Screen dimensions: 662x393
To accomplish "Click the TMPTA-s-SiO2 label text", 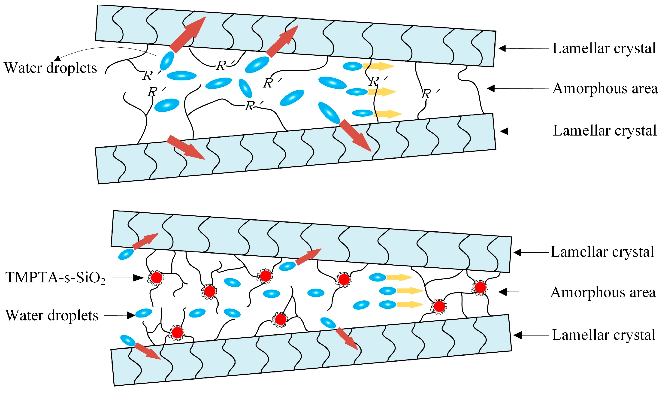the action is click(x=55, y=278).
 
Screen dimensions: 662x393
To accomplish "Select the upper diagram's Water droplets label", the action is click(x=50, y=68).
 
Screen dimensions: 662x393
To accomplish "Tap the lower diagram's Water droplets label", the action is click(x=52, y=315).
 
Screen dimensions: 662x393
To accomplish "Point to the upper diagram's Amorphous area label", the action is click(x=605, y=88).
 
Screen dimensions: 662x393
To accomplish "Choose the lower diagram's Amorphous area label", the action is click(x=603, y=293).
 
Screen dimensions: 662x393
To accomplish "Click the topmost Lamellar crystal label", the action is click(x=604, y=48).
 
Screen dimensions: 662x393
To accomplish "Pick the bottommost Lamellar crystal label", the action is click(x=604, y=335).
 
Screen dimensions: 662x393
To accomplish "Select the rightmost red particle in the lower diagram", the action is click(x=480, y=287).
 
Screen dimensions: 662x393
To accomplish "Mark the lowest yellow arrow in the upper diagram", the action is click(x=387, y=114).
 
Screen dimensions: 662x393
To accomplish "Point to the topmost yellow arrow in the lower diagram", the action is click(x=399, y=278).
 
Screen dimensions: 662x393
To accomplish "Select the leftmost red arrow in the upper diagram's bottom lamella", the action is click(x=186, y=147).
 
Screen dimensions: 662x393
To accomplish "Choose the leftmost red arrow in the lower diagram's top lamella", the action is click(x=145, y=241).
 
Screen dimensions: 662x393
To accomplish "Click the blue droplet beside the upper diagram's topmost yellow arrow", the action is click(x=352, y=66).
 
